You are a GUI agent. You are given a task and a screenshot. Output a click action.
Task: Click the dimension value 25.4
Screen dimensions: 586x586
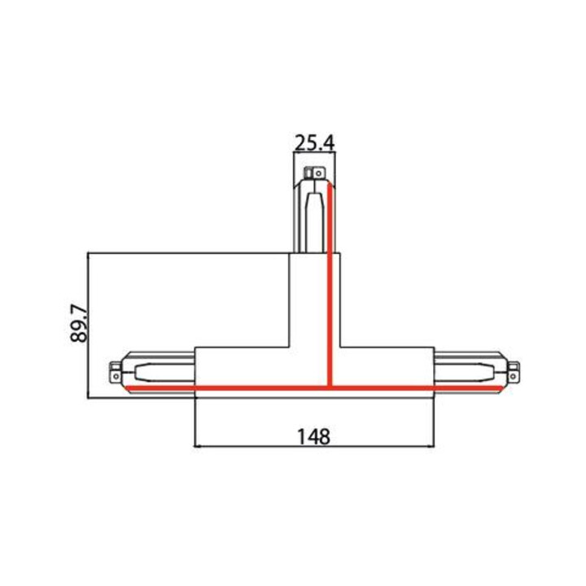(x=315, y=142)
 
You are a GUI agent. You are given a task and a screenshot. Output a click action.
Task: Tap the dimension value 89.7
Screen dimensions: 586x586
(x=79, y=324)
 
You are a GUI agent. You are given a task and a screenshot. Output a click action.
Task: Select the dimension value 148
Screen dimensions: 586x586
(x=314, y=436)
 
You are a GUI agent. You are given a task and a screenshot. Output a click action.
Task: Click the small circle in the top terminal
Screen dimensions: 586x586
(x=318, y=173)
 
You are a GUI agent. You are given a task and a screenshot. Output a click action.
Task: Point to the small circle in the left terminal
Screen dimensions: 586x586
(x=116, y=375)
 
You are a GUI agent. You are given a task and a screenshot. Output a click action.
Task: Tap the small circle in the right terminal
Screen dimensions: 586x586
(x=513, y=375)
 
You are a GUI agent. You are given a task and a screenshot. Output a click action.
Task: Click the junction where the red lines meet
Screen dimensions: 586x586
(x=330, y=388)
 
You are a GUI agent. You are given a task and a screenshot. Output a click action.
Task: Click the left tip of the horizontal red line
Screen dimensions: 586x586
(x=126, y=388)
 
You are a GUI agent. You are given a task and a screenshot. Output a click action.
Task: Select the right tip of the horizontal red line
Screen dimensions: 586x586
(x=503, y=388)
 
